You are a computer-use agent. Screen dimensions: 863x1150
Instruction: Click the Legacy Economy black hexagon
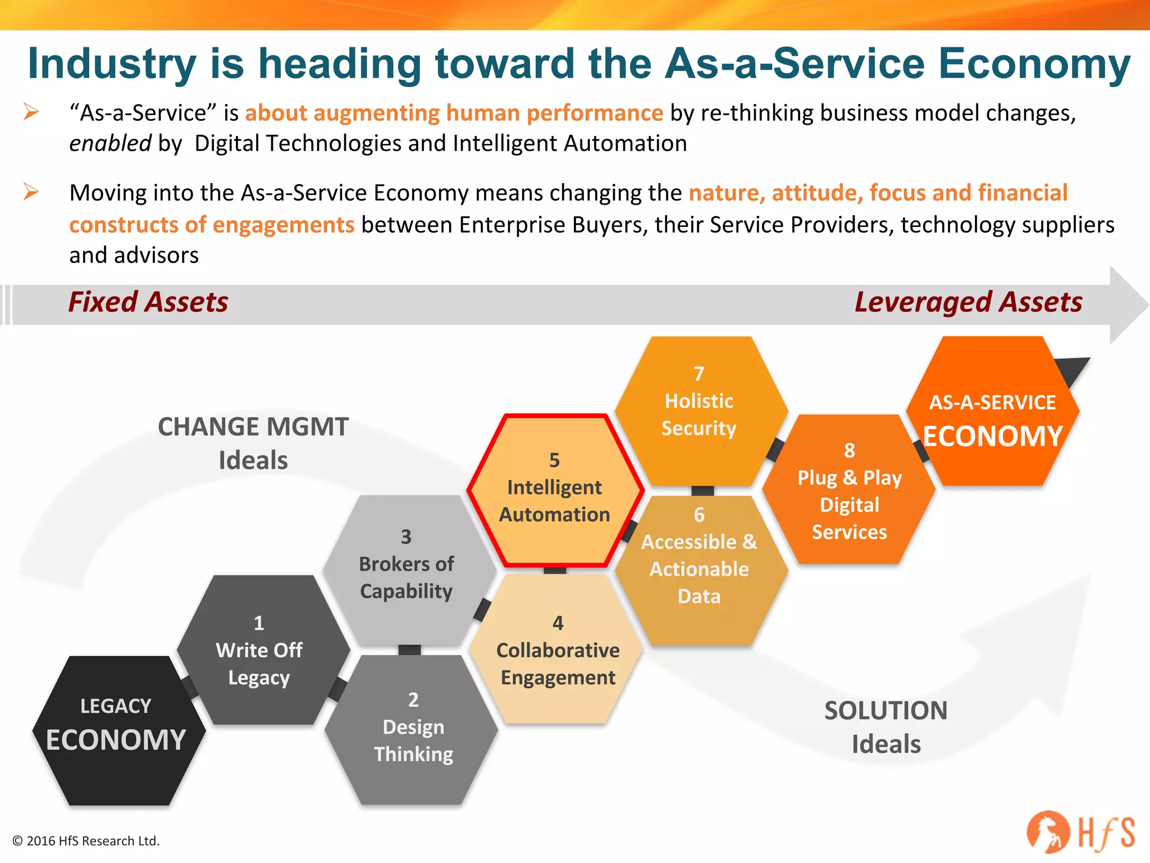pyautogui.click(x=118, y=730)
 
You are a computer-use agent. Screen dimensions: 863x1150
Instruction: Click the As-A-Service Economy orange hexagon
pyautogui.click(x=993, y=416)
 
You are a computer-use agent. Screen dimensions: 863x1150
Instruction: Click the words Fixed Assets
pyautogui.click(x=148, y=302)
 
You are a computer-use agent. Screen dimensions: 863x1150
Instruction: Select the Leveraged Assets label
pyautogui.click(x=968, y=302)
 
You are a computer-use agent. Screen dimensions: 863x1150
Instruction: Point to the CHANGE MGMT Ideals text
pyautogui.click(x=253, y=443)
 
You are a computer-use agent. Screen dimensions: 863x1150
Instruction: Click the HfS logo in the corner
pyautogui.click(x=1080, y=832)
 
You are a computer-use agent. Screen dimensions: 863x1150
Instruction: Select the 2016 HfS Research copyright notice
pyautogui.click(x=86, y=841)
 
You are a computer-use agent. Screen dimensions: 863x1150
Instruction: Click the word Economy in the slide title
pyautogui.click(x=1034, y=63)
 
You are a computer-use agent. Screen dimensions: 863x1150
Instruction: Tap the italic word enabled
pyautogui.click(x=110, y=144)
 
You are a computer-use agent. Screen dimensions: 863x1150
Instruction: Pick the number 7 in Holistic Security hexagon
pyautogui.click(x=699, y=374)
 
